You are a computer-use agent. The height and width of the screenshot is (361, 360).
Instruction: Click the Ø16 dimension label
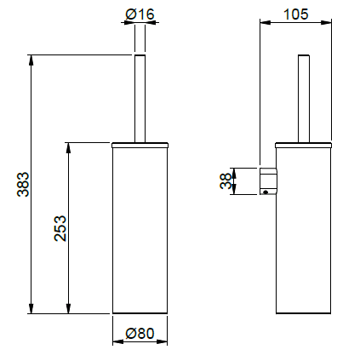click(140, 14)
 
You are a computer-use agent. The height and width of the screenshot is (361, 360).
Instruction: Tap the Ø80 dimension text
click(140, 334)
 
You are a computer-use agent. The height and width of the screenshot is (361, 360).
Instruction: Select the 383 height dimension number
click(23, 184)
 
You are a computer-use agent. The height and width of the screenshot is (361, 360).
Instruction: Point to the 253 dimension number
click(60, 228)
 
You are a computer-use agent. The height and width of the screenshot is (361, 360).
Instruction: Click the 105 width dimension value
click(295, 14)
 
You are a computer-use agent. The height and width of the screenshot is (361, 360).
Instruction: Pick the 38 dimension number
click(226, 181)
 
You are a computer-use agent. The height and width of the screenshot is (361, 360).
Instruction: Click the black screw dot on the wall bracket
click(266, 192)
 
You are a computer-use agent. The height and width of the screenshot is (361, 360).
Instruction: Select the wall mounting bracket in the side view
click(268, 181)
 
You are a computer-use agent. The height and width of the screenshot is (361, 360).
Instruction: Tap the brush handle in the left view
click(140, 98)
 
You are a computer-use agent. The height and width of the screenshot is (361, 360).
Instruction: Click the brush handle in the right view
click(304, 98)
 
